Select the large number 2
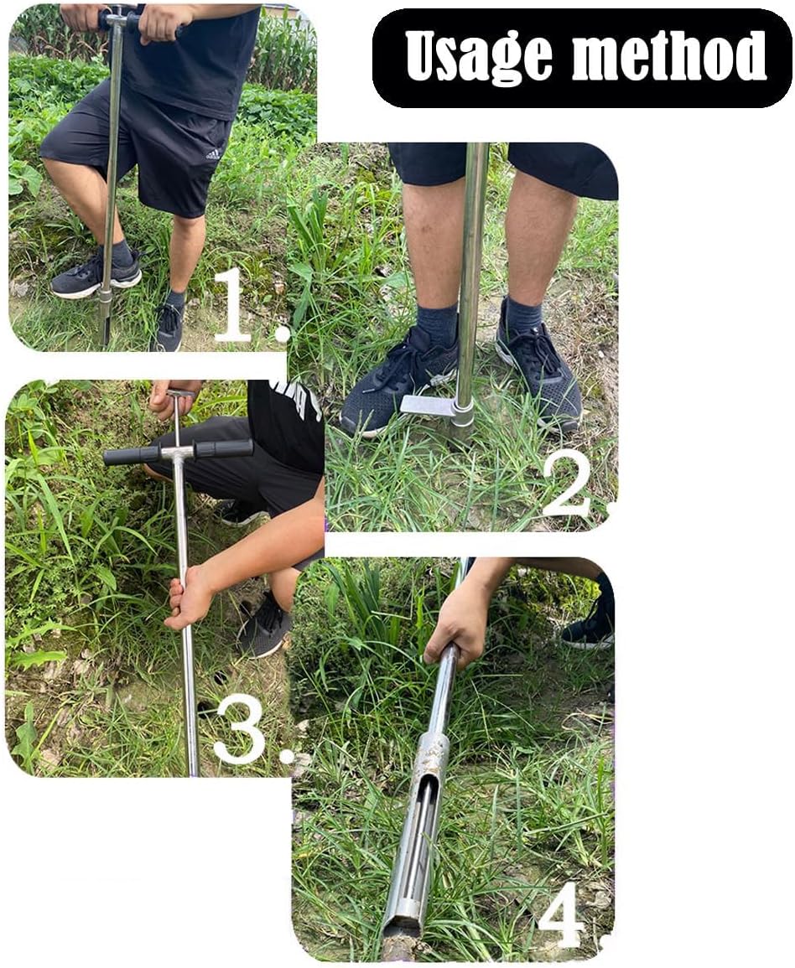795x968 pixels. [x=568, y=483]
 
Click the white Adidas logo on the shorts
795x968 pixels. [x=214, y=154]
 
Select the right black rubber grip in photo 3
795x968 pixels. [x=223, y=448]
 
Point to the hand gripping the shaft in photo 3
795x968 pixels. [x=190, y=595]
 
